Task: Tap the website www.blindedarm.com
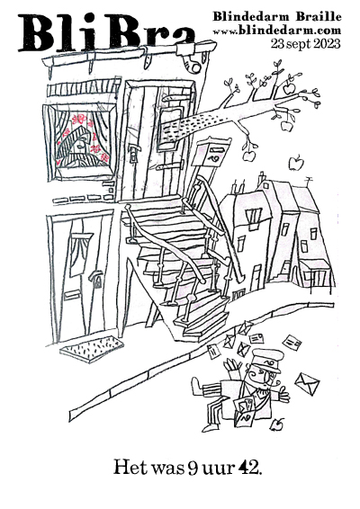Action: click(x=277, y=31)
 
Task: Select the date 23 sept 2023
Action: click(x=306, y=43)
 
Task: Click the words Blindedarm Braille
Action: click(x=277, y=17)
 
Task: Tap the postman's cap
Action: click(x=267, y=359)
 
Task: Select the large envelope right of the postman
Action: click(x=307, y=384)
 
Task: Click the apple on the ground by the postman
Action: click(x=277, y=424)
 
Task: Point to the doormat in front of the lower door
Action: click(x=92, y=348)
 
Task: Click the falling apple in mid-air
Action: click(x=296, y=163)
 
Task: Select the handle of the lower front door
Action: click(x=95, y=279)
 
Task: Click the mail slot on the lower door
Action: click(x=73, y=295)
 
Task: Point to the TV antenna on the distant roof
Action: click(x=309, y=181)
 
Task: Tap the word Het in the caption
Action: click(x=130, y=468)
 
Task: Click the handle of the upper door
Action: click(x=133, y=153)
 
